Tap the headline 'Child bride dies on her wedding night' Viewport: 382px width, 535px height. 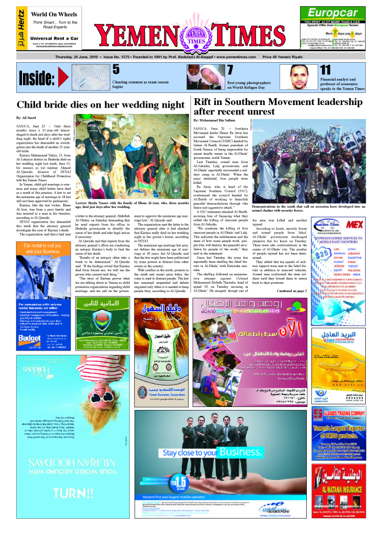click(x=100, y=104)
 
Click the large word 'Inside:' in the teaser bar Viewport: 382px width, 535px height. click(x=37, y=79)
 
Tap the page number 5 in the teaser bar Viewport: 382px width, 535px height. click(x=115, y=69)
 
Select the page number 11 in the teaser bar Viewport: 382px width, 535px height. click(x=325, y=69)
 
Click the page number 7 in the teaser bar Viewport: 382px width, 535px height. click(x=229, y=70)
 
